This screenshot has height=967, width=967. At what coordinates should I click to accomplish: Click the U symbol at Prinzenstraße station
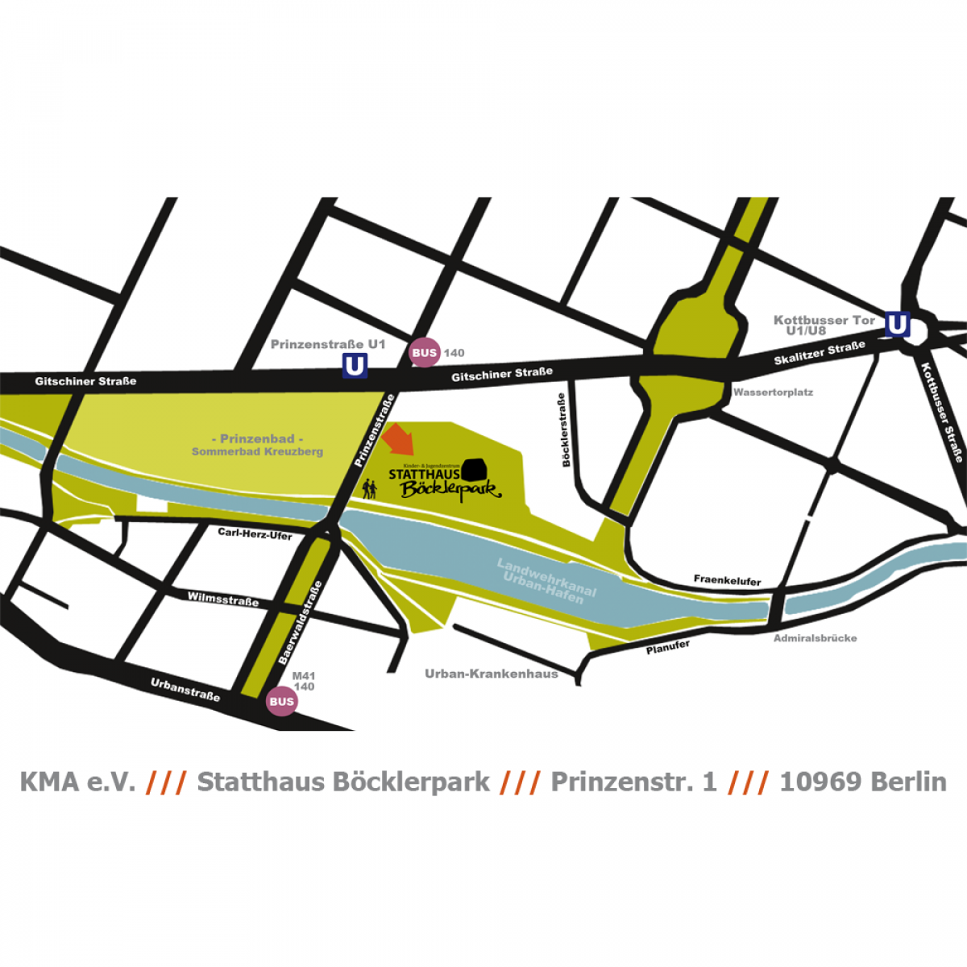(355, 365)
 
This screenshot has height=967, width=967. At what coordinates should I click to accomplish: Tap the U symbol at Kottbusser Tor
(897, 324)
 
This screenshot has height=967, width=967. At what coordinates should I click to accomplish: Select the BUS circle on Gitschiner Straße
(424, 352)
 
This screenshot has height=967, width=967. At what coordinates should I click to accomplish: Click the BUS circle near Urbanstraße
(281, 701)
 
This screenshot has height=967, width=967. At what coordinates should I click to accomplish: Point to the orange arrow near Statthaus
(399, 438)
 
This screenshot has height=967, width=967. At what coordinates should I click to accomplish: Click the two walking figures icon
(370, 488)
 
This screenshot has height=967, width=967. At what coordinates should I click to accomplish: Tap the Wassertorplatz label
(773, 392)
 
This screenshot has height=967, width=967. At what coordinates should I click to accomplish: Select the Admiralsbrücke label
(815, 638)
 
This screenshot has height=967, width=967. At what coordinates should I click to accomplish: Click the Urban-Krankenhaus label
(491, 674)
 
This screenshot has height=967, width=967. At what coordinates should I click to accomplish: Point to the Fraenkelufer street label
(727, 580)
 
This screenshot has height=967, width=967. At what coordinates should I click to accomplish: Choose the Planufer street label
(667, 647)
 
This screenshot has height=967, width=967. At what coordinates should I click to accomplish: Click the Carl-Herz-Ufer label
(255, 533)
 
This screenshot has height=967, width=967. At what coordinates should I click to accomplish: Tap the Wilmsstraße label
(223, 599)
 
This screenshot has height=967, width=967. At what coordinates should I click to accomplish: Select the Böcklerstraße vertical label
(563, 430)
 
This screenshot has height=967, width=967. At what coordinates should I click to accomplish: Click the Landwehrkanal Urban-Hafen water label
(546, 579)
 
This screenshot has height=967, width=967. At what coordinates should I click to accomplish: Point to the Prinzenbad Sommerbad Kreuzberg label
(257, 445)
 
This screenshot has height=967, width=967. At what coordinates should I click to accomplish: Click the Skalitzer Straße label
(819, 353)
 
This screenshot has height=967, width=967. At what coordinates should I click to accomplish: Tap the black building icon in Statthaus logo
(475, 469)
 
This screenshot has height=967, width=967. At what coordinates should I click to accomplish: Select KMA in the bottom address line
(50, 782)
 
